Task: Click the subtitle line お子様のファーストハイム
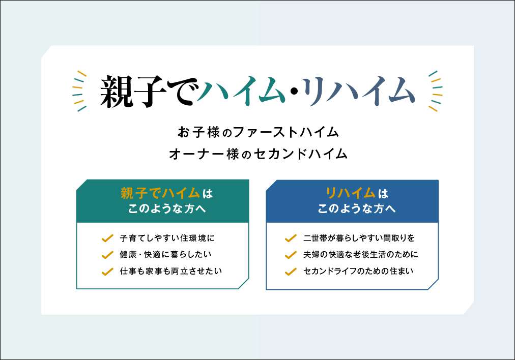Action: click(x=258, y=132)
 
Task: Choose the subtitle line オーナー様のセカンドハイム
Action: click(x=258, y=154)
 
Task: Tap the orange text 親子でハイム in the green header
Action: click(x=160, y=193)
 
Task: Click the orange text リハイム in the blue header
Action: click(x=351, y=193)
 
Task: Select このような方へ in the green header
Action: click(x=167, y=208)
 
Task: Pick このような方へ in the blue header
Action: click(x=357, y=208)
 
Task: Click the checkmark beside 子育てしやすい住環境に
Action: click(x=107, y=238)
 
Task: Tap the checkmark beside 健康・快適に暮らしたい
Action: click(x=107, y=255)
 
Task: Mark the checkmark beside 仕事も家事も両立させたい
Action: click(x=107, y=272)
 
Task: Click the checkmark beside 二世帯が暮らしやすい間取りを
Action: click(x=291, y=238)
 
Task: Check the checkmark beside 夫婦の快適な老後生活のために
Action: click(x=291, y=255)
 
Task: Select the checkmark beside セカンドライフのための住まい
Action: click(x=291, y=272)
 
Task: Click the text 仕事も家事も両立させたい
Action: click(x=171, y=271)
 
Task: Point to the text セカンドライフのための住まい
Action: click(x=358, y=271)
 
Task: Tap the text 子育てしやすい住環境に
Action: click(x=167, y=238)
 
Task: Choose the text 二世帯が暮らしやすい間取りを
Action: click(x=359, y=238)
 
